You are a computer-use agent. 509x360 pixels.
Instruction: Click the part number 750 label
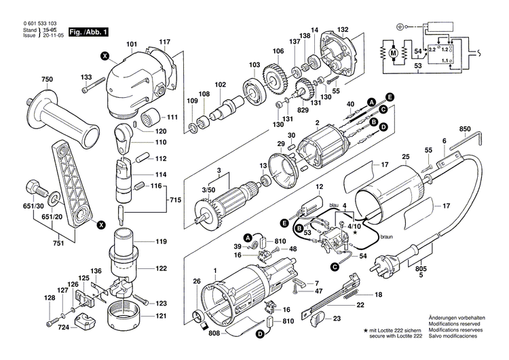coord(46,80)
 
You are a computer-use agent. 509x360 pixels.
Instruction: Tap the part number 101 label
coord(131,45)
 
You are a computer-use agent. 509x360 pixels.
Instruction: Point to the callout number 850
coord(465,129)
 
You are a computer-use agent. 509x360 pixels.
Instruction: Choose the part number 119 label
coord(161,241)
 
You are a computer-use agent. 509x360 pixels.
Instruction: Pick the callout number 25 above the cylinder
coord(405,158)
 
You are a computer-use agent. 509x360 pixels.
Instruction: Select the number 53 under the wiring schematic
coord(417,65)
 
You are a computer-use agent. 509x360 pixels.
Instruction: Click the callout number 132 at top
coord(343,29)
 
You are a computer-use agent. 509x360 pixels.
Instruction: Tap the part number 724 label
coord(63,328)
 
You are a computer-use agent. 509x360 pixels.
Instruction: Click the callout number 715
coord(175,202)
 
